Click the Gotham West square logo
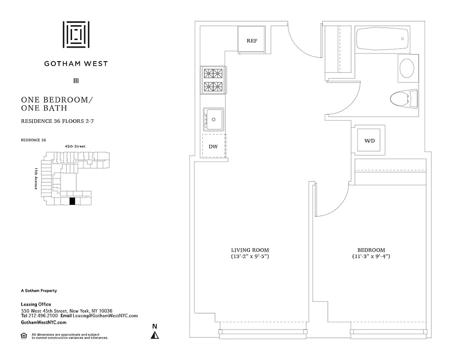click(76, 34)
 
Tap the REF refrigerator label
click(252, 41)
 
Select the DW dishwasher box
click(213, 146)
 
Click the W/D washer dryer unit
click(369, 141)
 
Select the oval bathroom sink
click(407, 68)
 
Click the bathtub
click(382, 39)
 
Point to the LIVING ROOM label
click(250, 250)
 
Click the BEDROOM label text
click(371, 250)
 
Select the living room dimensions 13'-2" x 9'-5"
click(250, 257)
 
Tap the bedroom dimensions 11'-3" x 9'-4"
click(371, 257)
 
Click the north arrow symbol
click(155, 335)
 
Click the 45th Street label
click(75, 146)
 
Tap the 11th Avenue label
click(36, 178)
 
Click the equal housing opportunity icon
click(24, 335)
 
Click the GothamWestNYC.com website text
click(44, 323)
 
